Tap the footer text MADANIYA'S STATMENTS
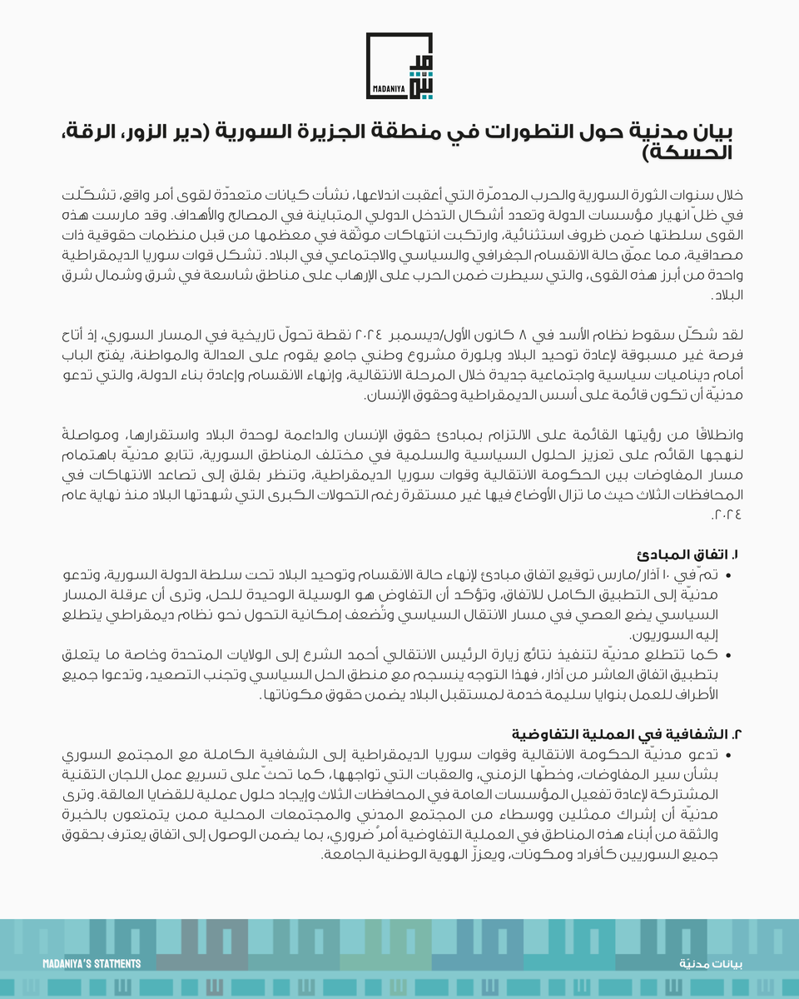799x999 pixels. click(92, 963)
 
